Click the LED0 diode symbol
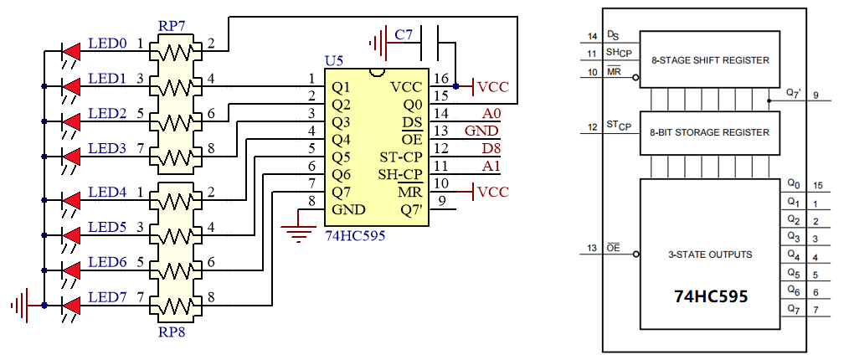click(x=71, y=52)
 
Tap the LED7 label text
click(x=107, y=297)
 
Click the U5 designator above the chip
click(x=334, y=60)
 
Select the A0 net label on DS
click(x=491, y=113)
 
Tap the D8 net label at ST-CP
click(x=491, y=148)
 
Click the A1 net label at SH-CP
click(x=491, y=166)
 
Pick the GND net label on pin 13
click(x=482, y=131)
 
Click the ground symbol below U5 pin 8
click(x=299, y=231)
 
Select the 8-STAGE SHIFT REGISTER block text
click(x=710, y=60)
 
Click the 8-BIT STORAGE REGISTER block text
click(x=710, y=132)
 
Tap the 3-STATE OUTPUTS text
click(x=710, y=255)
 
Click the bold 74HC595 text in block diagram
click(x=711, y=296)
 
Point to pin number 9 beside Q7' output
click(x=816, y=95)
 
